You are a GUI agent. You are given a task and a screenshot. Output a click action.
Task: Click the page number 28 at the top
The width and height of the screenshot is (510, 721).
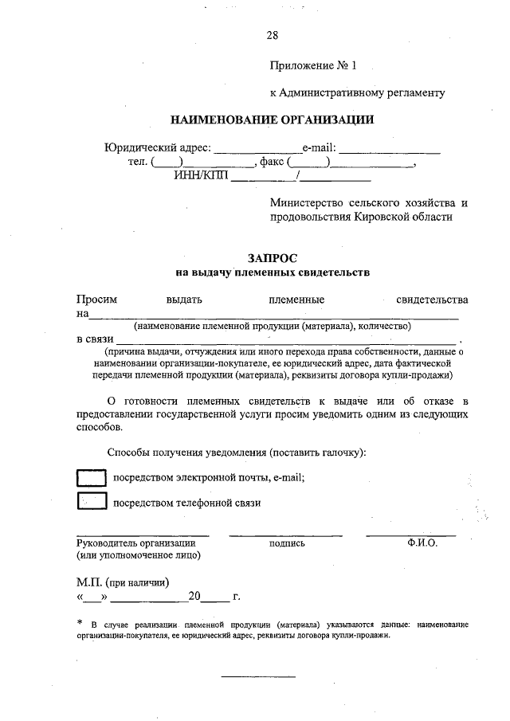pos(272,35)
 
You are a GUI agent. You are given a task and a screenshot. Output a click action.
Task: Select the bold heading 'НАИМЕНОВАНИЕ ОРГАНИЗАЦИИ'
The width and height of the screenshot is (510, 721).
pos(272,120)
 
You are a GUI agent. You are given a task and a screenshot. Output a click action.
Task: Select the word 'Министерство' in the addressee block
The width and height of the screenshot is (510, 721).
pos(306,203)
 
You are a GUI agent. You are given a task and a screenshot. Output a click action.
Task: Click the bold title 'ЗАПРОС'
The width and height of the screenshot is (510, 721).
pos(272,258)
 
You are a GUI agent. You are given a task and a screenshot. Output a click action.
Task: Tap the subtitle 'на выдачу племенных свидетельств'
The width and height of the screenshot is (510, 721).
pos(272,273)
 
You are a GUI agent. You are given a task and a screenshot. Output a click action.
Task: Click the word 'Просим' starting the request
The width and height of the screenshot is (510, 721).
pos(96,300)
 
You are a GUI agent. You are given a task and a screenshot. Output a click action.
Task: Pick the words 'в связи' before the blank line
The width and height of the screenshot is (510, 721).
pos(94,339)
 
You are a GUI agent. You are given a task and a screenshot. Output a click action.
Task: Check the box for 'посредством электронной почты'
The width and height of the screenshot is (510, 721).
pos(91,477)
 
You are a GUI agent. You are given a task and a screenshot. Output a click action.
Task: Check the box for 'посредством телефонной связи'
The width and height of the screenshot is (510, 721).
pos(91,502)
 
